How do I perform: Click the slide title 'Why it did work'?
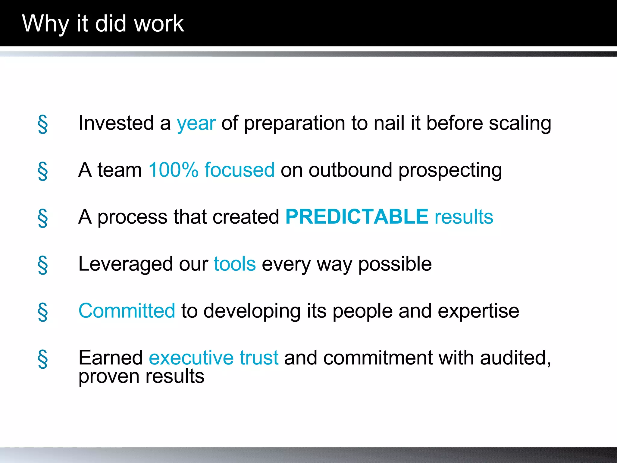click(x=103, y=24)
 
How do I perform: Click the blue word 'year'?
click(x=196, y=124)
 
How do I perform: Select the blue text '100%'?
click(x=173, y=170)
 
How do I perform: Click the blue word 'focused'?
click(x=240, y=170)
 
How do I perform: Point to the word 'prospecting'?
click(x=450, y=171)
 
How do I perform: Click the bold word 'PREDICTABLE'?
click(x=357, y=217)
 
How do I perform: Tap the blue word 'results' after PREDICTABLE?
click(x=464, y=217)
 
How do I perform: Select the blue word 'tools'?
click(x=235, y=264)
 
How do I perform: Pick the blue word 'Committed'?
click(x=127, y=311)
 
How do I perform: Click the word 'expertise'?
click(x=478, y=311)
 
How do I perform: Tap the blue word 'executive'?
click(x=191, y=358)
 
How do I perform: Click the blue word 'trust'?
click(x=259, y=358)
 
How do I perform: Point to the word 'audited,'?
click(x=515, y=358)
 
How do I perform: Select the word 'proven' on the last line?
click(x=109, y=377)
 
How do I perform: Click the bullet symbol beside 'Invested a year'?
click(x=43, y=124)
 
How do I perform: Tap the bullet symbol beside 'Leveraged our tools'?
click(x=43, y=265)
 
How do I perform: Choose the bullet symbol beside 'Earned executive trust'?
click(x=43, y=359)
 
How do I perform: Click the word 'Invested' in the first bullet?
click(x=116, y=123)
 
